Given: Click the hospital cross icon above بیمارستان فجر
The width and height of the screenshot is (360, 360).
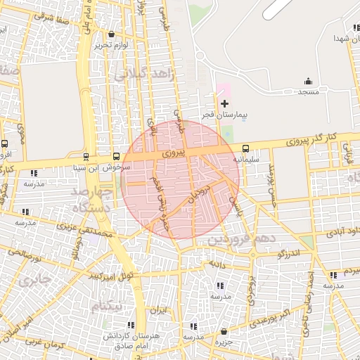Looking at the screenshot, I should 224,104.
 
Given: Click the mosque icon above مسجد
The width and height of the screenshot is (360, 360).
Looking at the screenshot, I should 308,82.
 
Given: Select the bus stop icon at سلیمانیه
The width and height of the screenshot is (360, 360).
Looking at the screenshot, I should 245,148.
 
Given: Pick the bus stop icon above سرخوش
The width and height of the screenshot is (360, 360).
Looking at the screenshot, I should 117,157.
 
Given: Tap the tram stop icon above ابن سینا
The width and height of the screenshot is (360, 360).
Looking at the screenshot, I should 86,157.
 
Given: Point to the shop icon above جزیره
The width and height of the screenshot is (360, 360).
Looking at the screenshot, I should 224,331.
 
